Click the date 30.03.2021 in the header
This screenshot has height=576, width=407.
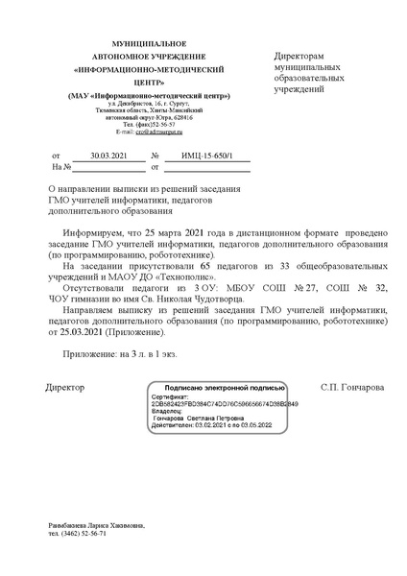pos(108,154)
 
